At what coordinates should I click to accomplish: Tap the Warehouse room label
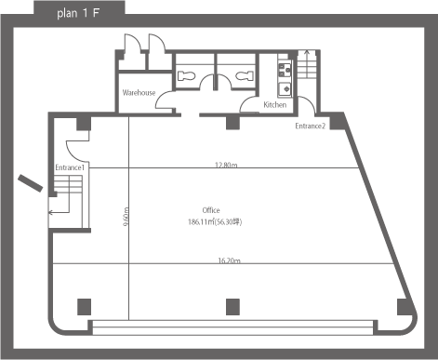139,93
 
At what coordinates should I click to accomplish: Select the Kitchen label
275,105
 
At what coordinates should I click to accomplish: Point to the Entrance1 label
70,167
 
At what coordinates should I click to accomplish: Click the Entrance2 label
311,126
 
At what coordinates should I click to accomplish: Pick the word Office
211,210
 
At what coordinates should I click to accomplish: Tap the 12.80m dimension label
226,165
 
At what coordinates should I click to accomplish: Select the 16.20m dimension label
230,260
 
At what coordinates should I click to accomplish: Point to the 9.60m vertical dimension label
126,217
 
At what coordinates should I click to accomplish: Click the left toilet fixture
187,76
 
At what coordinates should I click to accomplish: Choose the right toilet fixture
245,75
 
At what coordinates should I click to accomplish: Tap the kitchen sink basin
285,89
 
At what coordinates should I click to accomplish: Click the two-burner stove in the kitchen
285,70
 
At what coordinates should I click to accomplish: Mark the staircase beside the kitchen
307,64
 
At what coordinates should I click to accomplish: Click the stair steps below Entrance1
68,183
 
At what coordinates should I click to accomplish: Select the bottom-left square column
84,307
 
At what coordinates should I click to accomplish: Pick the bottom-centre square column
232,307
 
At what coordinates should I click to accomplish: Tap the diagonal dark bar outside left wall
30,183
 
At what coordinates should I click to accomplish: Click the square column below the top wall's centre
232,123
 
